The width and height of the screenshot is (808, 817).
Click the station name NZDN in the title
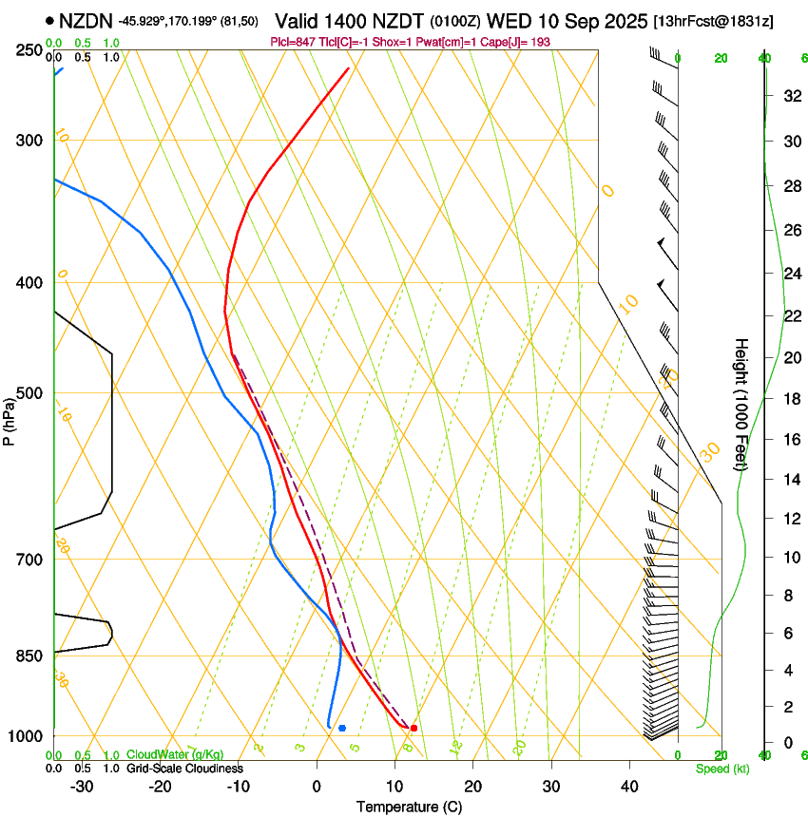pyautogui.click(x=87, y=21)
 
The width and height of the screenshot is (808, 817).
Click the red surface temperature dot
pyautogui.click(x=414, y=728)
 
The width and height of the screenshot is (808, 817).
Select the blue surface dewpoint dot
pyautogui.click(x=342, y=728)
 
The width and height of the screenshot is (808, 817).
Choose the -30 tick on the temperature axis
pyautogui.click(x=82, y=787)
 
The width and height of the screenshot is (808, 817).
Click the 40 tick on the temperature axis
pyautogui.click(x=629, y=787)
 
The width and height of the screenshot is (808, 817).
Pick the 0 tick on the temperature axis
pyautogui.click(x=317, y=787)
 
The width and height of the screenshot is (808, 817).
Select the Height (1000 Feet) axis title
pyautogui.click(x=741, y=405)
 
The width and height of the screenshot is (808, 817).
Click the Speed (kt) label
pyautogui.click(x=722, y=769)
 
